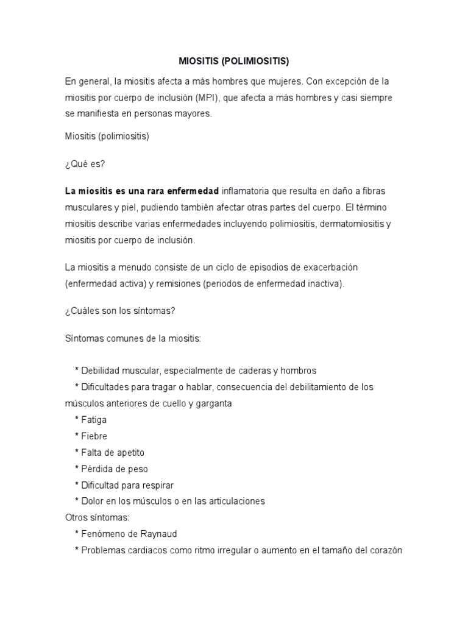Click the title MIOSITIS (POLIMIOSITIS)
233,62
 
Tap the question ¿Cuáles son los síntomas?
120,311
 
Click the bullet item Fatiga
94,420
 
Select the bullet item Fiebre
94,436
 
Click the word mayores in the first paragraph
193,113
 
